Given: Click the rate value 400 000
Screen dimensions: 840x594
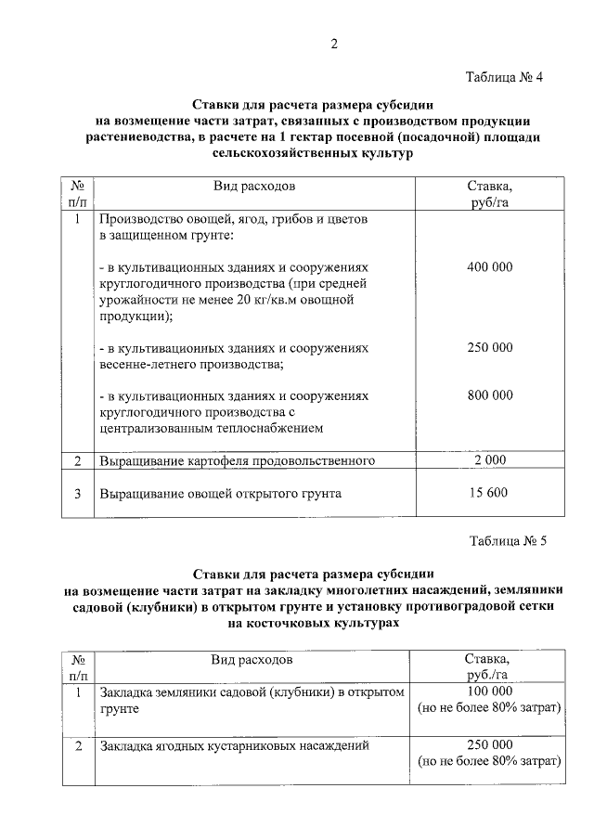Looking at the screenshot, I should [x=489, y=267].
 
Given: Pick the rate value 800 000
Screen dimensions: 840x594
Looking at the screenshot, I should [x=489, y=394].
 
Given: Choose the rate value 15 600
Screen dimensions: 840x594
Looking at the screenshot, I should [x=489, y=493].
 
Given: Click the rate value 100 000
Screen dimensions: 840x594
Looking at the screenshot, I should [x=489, y=692].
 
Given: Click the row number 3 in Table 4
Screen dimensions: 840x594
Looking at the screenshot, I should [x=77, y=493].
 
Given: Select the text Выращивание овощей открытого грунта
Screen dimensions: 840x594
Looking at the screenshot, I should [x=221, y=493].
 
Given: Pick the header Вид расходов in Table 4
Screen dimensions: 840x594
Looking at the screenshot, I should [x=254, y=186].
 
